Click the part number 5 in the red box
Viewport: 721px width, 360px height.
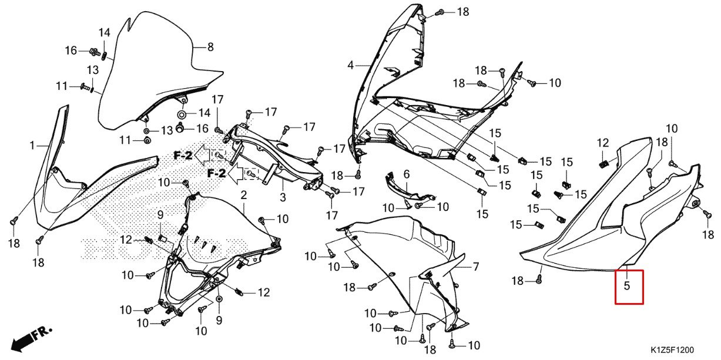[x=626, y=287]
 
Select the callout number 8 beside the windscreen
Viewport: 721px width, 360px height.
[x=210, y=48]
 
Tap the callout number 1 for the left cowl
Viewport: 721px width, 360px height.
[x=32, y=144]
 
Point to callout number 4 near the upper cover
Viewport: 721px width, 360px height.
[x=350, y=66]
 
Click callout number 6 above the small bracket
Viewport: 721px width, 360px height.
[x=405, y=174]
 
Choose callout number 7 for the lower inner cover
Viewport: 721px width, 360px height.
[x=476, y=267]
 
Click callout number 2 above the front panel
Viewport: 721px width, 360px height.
[x=243, y=194]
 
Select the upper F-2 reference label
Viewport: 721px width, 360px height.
[x=183, y=155]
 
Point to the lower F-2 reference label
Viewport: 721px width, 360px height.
[x=216, y=173]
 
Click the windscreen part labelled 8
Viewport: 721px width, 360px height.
[x=147, y=76]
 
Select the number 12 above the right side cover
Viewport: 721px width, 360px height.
[x=603, y=143]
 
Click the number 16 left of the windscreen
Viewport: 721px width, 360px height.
[x=71, y=51]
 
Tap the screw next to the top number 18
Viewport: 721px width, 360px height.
[x=440, y=12]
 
